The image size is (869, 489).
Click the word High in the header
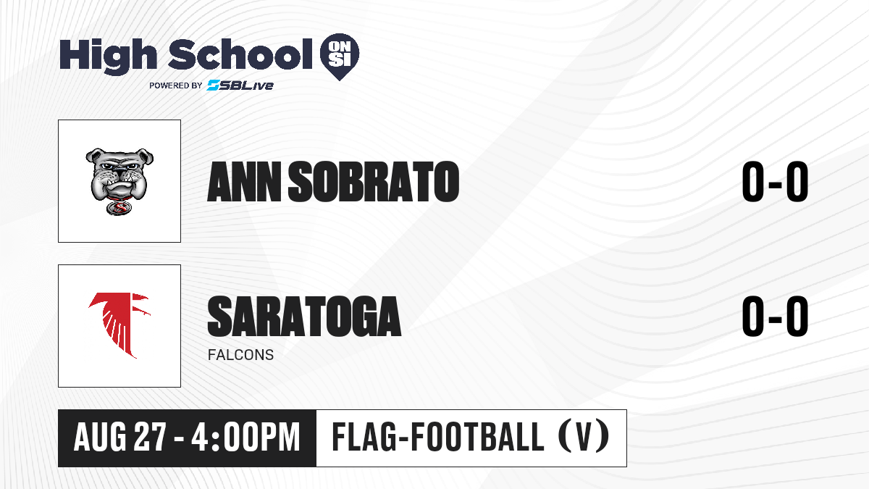pyautogui.click(x=109, y=57)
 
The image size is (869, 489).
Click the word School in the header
pyautogui.click(x=240, y=54)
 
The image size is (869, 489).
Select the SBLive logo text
pyautogui.click(x=240, y=85)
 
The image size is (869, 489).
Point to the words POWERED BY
pyautogui.click(x=176, y=85)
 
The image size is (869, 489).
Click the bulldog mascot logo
pyautogui.click(x=119, y=181)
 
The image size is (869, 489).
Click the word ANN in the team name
pyautogui.click(x=245, y=182)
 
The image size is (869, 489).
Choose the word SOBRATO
pyautogui.click(x=374, y=182)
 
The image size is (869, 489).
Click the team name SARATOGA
pyautogui.click(x=305, y=316)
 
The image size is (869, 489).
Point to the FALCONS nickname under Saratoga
pyautogui.click(x=241, y=355)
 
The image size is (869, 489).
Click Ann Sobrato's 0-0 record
pyautogui.click(x=775, y=182)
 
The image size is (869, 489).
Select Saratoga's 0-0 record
pyautogui.click(x=775, y=316)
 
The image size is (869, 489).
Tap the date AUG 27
pyautogui.click(x=120, y=437)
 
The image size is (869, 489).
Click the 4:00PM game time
pyautogui.click(x=246, y=437)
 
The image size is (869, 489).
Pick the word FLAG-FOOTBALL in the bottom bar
pyautogui.click(x=438, y=436)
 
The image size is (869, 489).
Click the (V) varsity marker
pyautogui.click(x=584, y=436)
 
